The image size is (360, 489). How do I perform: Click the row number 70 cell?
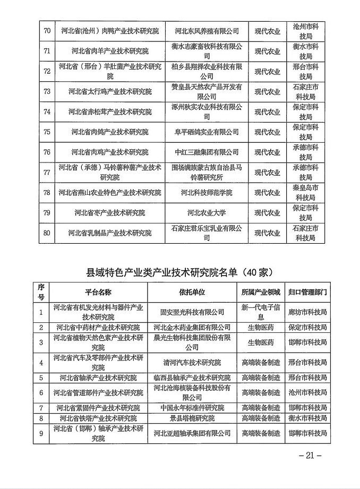point(47,31)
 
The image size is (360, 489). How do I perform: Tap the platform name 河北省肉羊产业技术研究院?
point(110,52)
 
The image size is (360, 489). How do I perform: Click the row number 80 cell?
point(47,233)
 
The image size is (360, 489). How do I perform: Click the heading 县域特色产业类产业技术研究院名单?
point(179,272)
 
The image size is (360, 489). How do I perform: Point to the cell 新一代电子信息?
point(260,312)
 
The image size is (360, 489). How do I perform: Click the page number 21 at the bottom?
point(311,455)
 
